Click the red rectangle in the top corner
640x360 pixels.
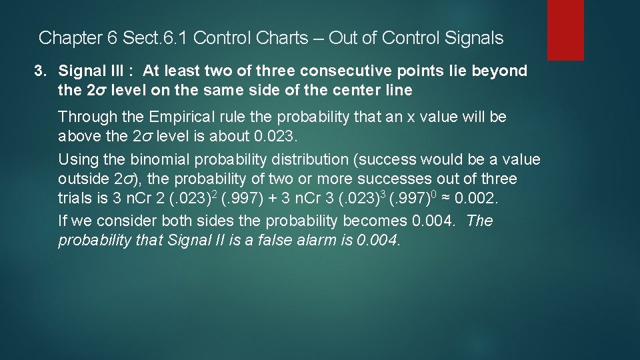pos(565,30)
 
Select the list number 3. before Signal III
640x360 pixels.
pos(43,71)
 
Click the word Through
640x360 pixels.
pos(85,117)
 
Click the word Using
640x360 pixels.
pos(77,160)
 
